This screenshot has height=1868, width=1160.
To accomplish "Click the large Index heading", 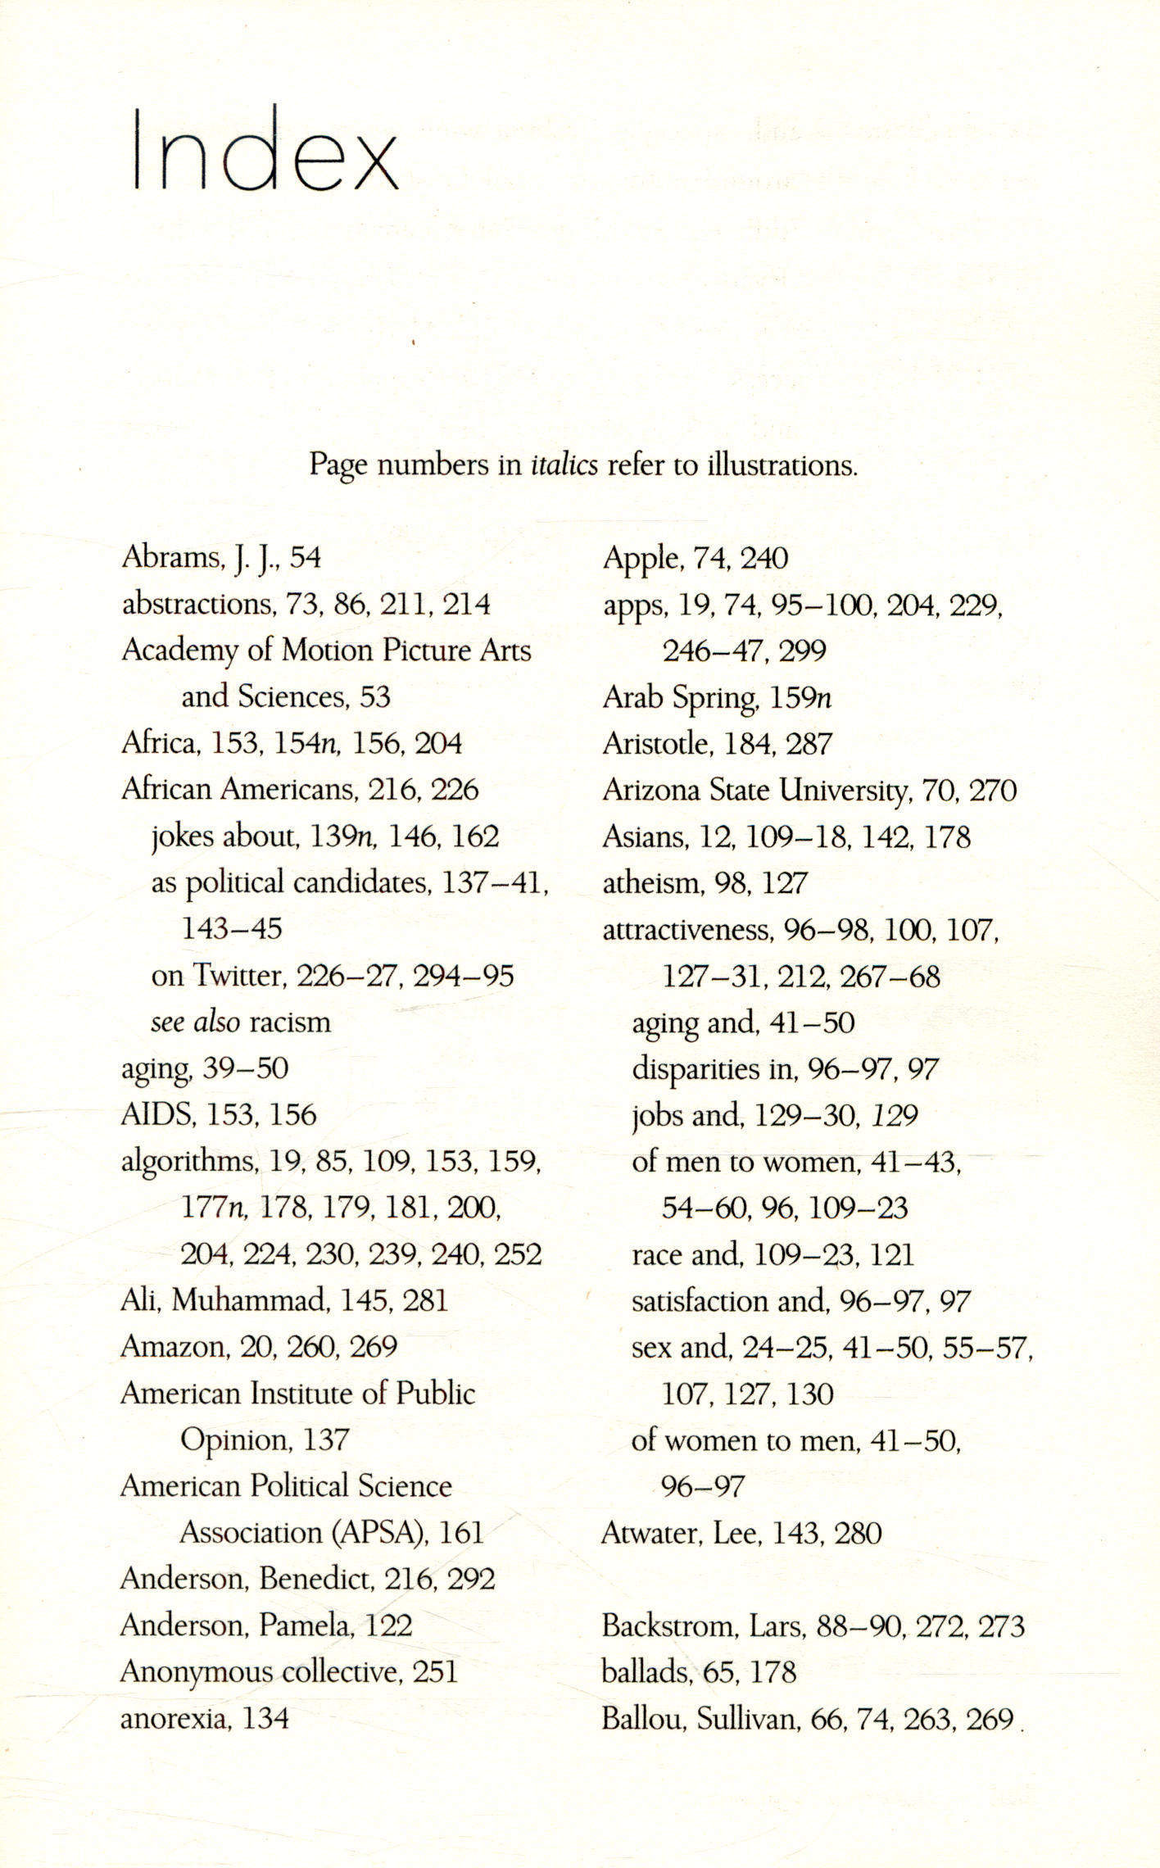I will pos(265,150).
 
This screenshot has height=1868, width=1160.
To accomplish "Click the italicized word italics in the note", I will pos(564,465).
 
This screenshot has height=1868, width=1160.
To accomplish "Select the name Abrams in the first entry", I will pos(171,557).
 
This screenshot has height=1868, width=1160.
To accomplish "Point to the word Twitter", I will pos(238,975).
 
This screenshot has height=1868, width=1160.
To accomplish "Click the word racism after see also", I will pos(290,1022).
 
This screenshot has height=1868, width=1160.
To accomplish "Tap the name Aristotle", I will pos(655,744).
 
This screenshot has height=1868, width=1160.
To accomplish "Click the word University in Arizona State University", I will pos(844,791).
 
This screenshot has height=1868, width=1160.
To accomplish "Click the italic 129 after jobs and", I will pos(895,1115).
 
